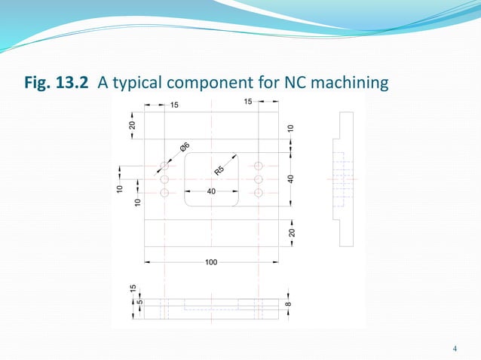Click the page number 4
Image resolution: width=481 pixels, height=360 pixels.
click(455, 348)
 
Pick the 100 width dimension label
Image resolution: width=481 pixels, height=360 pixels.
click(212, 262)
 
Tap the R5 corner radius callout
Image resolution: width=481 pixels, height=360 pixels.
click(220, 170)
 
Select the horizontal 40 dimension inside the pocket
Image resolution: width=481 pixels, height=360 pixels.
click(211, 191)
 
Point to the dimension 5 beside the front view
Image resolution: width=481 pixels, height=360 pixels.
click(138, 304)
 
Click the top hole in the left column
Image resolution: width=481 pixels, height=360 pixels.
click(164, 165)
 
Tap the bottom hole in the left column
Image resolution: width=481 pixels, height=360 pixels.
click(164, 193)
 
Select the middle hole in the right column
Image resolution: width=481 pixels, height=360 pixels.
click(259, 179)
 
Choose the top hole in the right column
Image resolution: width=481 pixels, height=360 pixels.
click(259, 165)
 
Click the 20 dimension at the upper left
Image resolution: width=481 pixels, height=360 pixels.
click(133, 125)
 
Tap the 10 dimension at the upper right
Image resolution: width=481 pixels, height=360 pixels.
click(291, 130)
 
